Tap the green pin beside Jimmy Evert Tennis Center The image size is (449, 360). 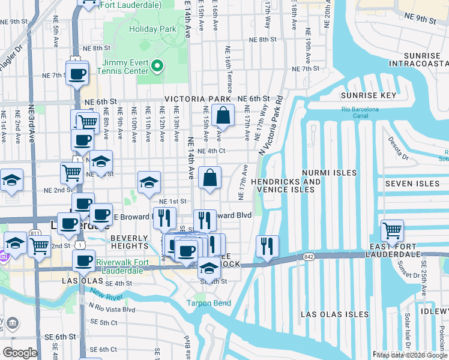157,66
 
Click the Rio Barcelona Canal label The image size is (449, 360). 360,112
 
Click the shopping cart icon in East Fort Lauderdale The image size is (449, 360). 392,230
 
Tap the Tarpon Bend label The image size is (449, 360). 208,303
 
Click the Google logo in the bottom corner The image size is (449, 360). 20,353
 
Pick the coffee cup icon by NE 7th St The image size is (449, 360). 77,74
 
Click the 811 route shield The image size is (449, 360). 35,232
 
